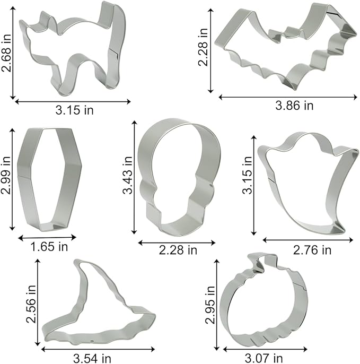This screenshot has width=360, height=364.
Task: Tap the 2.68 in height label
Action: pos(6,53)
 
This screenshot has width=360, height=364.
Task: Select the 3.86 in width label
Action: pos(294,106)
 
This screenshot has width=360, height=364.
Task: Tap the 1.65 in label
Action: pos(49,247)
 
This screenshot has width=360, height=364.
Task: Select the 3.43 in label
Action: pos(128,175)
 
